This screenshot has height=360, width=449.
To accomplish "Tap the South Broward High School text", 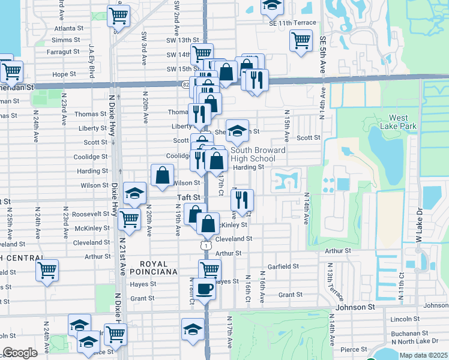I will click(253, 154).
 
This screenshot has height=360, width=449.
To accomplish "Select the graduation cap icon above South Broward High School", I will click(237, 130).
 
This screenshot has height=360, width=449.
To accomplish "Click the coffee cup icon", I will click(205, 289).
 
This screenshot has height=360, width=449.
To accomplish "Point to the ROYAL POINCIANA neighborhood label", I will click(158, 268).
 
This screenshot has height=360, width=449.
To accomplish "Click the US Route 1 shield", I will click(205, 245).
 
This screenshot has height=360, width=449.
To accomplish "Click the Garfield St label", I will click(283, 266).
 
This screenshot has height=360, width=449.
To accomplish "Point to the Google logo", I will click(20, 353).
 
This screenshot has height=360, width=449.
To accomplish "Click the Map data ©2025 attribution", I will click(423, 355).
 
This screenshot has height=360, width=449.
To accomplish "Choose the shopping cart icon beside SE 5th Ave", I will click(301, 41).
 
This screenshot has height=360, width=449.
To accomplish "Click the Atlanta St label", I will click(68, 28).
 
